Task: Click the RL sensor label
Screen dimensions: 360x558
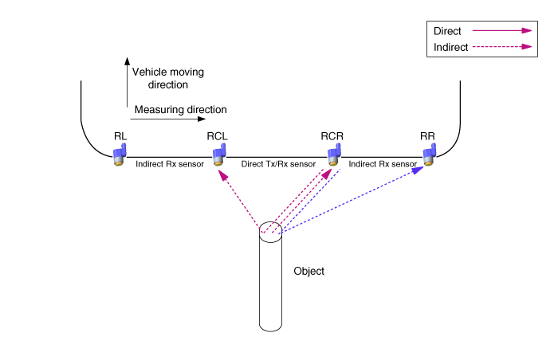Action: (x=120, y=135)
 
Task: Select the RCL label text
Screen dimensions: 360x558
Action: (x=218, y=135)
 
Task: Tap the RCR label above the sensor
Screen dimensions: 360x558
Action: (x=332, y=135)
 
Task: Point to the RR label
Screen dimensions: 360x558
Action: (x=427, y=135)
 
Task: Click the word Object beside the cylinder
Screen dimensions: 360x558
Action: (x=309, y=272)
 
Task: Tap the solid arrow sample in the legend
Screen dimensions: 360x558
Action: (x=501, y=31)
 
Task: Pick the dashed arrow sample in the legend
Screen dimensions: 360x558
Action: (x=501, y=47)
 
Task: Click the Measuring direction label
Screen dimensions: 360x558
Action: (x=181, y=110)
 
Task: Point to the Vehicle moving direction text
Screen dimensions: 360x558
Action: (x=167, y=77)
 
